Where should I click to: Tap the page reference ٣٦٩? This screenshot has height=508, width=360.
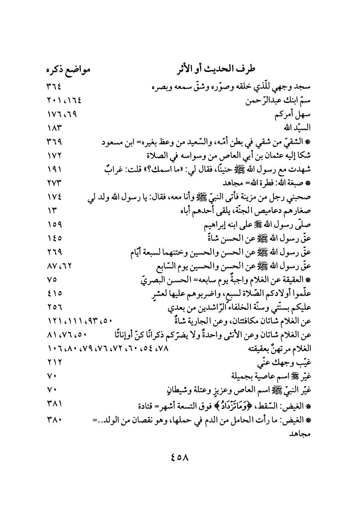pos(54,142)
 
